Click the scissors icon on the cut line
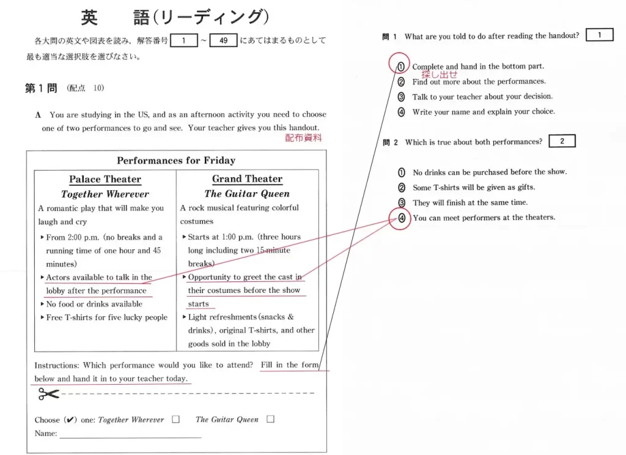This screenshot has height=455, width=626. tap(48, 394)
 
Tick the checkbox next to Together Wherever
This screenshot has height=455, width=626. tap(175, 420)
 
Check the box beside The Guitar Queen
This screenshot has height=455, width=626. tap(270, 420)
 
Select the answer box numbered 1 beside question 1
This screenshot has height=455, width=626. tap(599, 35)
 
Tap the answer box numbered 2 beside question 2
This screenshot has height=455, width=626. tap(562, 141)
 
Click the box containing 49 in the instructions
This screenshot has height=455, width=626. tap(223, 41)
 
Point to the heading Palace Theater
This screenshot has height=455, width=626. tap(105, 179)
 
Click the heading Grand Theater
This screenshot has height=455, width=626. tap(247, 179)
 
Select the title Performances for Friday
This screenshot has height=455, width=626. tap(176, 160)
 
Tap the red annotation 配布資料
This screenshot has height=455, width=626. tap(303, 138)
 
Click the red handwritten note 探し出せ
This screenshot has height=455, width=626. tap(439, 75)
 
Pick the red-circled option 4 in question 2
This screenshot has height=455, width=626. tap(402, 218)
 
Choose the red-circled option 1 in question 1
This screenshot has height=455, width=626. tap(400, 67)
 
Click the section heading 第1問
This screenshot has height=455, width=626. tap(41, 89)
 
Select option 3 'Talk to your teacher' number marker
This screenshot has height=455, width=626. tap(401, 97)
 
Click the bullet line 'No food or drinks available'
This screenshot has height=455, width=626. tap(94, 304)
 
